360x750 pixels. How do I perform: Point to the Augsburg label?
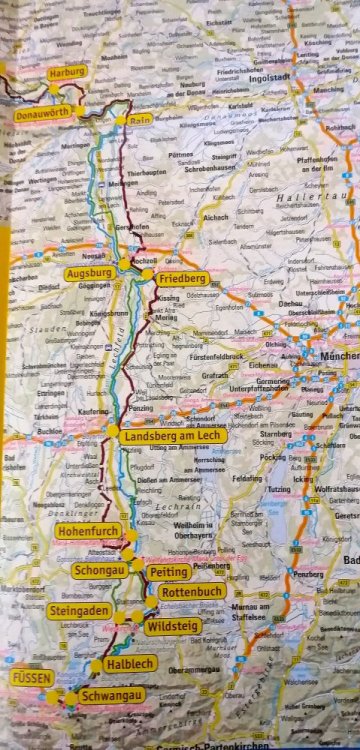[88, 272]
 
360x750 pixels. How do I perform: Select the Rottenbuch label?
[185, 592]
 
